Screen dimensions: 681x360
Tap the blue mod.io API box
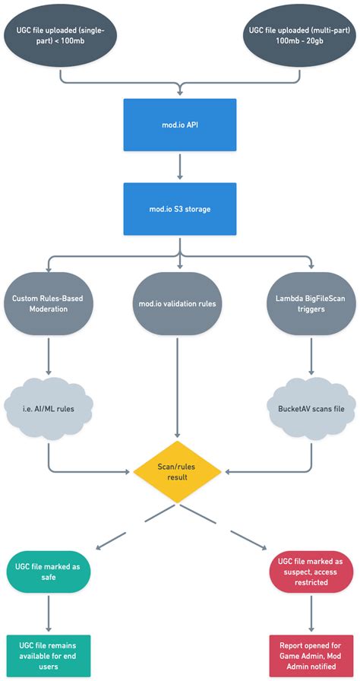(x=179, y=125)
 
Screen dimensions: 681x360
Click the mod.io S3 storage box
(x=179, y=207)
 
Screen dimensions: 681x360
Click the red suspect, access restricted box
(x=311, y=572)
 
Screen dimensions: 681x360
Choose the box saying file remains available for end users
(x=49, y=655)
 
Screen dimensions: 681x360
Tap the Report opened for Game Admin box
(x=311, y=655)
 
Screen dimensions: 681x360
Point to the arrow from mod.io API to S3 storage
(x=179, y=166)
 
